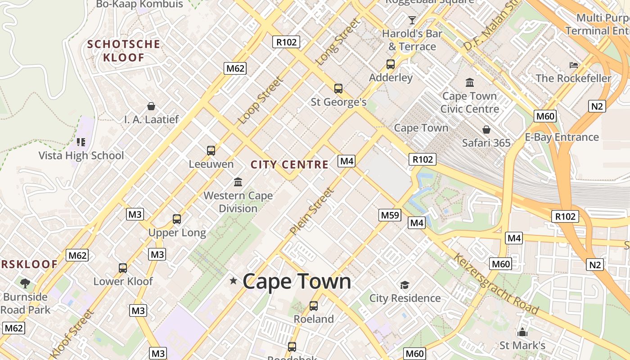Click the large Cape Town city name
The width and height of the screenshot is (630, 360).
point(297,282)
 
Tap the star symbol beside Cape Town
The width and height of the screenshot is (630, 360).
point(233,281)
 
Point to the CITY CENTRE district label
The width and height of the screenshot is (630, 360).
point(289,165)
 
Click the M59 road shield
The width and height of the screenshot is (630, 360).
point(390,215)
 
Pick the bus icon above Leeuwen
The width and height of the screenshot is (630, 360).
point(211,150)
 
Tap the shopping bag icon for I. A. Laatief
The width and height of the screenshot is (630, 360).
point(151,106)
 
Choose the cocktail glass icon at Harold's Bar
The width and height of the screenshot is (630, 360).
point(412,20)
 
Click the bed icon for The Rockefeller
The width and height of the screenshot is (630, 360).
point(573,65)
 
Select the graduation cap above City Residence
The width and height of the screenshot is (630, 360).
point(405,285)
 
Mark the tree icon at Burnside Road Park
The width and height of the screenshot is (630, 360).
point(25,283)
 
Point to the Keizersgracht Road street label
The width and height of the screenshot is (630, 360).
point(496,284)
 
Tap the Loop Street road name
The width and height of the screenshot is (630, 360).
point(261,100)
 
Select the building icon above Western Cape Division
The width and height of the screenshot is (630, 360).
point(238,182)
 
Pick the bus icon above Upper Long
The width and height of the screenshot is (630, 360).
point(177,219)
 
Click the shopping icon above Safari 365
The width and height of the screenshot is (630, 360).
point(486,130)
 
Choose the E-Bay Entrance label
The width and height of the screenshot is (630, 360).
point(562,137)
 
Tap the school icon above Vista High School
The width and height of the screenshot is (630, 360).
point(81,142)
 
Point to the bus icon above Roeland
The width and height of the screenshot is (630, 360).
point(314,306)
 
